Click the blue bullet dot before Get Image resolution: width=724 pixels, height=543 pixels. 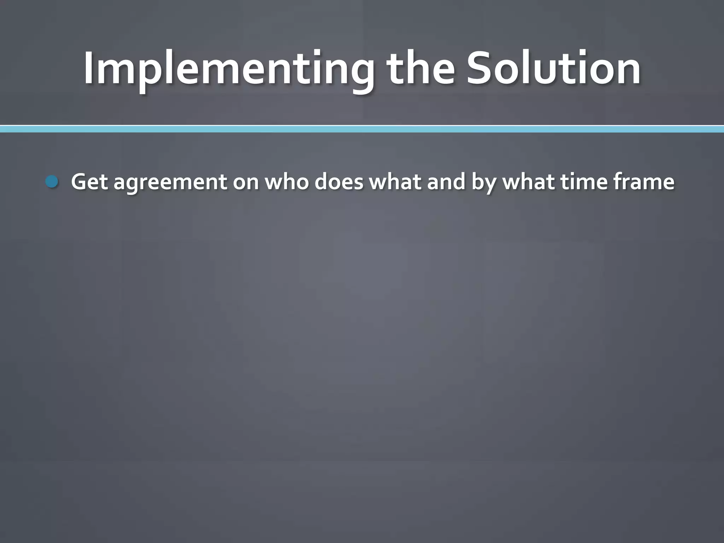52,182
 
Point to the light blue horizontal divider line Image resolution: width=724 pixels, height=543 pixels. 362,129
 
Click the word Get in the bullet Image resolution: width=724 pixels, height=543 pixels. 89,182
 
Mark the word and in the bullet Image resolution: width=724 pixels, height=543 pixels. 446,182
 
